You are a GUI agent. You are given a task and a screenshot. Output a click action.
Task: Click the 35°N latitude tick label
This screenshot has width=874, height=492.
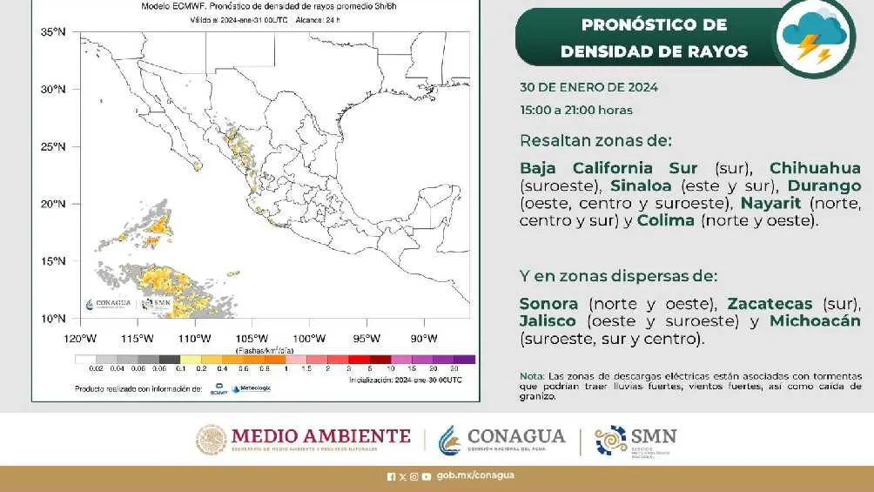(54, 32)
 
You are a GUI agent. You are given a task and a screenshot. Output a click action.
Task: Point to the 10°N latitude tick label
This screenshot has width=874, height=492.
(54, 319)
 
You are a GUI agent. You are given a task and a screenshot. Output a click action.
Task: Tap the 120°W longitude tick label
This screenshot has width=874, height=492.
(79, 339)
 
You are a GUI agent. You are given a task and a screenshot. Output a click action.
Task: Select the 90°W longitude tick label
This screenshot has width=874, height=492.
(423, 339)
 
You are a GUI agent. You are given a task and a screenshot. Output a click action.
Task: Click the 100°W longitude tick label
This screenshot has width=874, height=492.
(308, 339)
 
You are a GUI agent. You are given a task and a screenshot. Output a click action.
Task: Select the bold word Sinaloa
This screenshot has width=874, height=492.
(642, 185)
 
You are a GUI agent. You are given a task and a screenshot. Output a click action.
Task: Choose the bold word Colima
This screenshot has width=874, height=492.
(666, 220)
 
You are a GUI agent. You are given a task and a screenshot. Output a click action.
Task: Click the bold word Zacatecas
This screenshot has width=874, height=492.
(770, 304)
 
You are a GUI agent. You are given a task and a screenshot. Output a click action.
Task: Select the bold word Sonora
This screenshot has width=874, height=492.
(548, 304)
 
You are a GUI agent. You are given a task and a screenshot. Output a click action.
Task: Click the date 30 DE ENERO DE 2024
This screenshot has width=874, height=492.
(588, 87)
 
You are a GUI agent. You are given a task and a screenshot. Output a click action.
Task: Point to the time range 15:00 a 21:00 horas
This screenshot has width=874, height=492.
(576, 110)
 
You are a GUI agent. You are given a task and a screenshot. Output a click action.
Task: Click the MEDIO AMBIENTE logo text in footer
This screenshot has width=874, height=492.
(319, 436)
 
